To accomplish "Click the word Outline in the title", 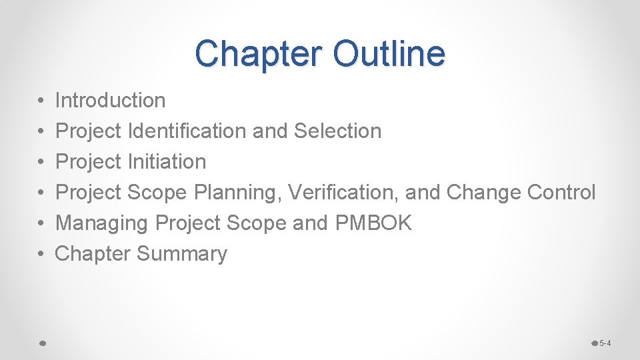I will pos(389,53).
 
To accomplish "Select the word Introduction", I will pos(110,101).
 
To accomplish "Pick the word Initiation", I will pos(166,162).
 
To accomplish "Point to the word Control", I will pos(561,193).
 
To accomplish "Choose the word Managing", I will pos(102,223).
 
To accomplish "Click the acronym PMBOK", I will pos(374,223).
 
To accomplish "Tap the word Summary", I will pos(181,254).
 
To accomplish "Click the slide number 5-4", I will pos(605,343).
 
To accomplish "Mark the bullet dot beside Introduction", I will pos(41,101).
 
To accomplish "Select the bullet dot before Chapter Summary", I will pos(41,255).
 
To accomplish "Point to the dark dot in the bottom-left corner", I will pos(41,343).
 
